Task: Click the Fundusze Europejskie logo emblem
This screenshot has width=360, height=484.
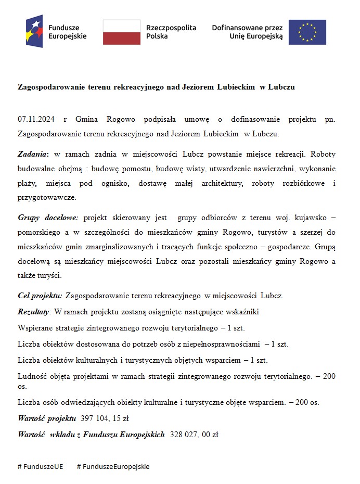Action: [x=34, y=31]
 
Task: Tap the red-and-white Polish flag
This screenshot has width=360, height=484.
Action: [x=121, y=32]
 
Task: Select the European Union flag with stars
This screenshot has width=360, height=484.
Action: [x=307, y=32]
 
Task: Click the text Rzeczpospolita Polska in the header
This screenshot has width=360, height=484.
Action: [x=171, y=32]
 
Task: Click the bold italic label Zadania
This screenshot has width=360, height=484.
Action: [x=33, y=155]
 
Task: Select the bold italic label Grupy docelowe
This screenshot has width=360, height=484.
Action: [x=48, y=217]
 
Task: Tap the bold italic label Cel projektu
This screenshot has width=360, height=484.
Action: [x=40, y=296]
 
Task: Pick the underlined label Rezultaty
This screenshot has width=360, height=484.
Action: [x=33, y=312]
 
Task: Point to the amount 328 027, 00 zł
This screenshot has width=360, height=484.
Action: [x=194, y=434]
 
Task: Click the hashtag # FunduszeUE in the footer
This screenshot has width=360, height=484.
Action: [x=40, y=466]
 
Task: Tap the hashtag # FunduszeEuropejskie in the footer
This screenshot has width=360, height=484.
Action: [x=113, y=466]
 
